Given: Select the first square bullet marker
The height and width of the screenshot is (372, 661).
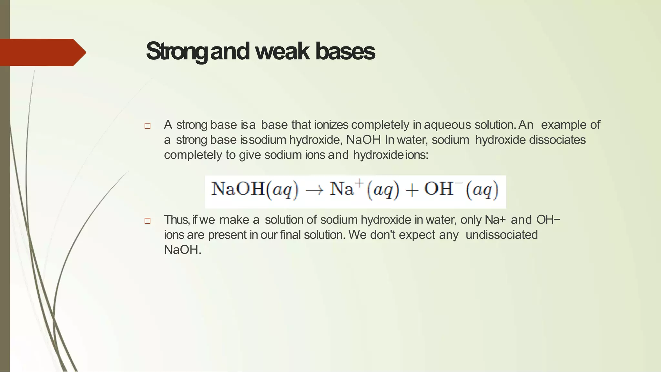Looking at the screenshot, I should pos(147,126).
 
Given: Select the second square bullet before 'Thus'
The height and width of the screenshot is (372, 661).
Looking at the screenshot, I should pos(147,221).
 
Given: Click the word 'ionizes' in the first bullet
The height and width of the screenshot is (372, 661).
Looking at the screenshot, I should pos(331,125).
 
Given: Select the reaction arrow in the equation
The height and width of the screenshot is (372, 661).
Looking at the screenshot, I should pos(314,190).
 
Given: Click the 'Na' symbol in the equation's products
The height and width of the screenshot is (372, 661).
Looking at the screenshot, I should pos(342,189).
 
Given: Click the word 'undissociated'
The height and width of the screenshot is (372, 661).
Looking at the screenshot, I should pos(502,235).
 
